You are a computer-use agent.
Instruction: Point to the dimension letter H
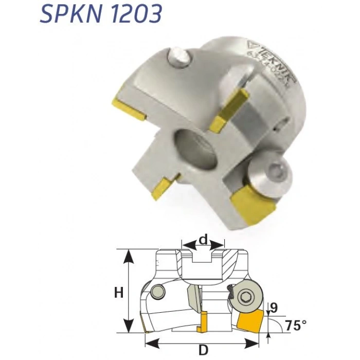(x=119, y=293)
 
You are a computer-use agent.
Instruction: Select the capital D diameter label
(x=204, y=350)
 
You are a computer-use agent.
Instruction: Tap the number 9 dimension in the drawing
(x=274, y=308)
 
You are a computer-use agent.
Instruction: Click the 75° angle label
(x=295, y=326)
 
